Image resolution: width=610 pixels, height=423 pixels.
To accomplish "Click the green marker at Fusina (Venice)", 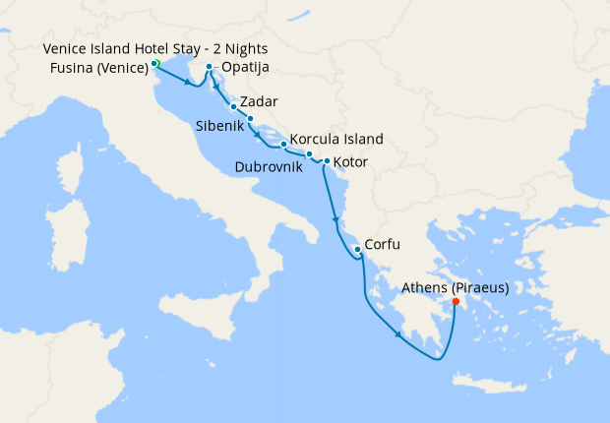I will pos(155,64).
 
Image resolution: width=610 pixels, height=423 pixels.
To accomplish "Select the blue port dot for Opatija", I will pos(209,68).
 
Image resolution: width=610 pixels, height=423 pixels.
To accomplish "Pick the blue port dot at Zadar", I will pos(233,106).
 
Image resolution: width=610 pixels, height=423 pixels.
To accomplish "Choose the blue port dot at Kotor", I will pos(326,160).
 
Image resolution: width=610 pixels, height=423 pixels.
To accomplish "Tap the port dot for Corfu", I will pos(357,249).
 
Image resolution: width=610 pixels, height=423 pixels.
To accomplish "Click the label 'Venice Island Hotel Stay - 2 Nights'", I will pos(155,49).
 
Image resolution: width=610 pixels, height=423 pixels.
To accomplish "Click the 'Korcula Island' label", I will pos(337,140).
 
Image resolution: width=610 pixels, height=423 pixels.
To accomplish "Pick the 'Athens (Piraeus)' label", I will pos(456,288).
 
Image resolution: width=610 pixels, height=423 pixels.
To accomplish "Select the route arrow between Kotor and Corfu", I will pos(336,219).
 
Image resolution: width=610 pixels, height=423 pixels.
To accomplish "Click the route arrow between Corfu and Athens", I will pos(398,335).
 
